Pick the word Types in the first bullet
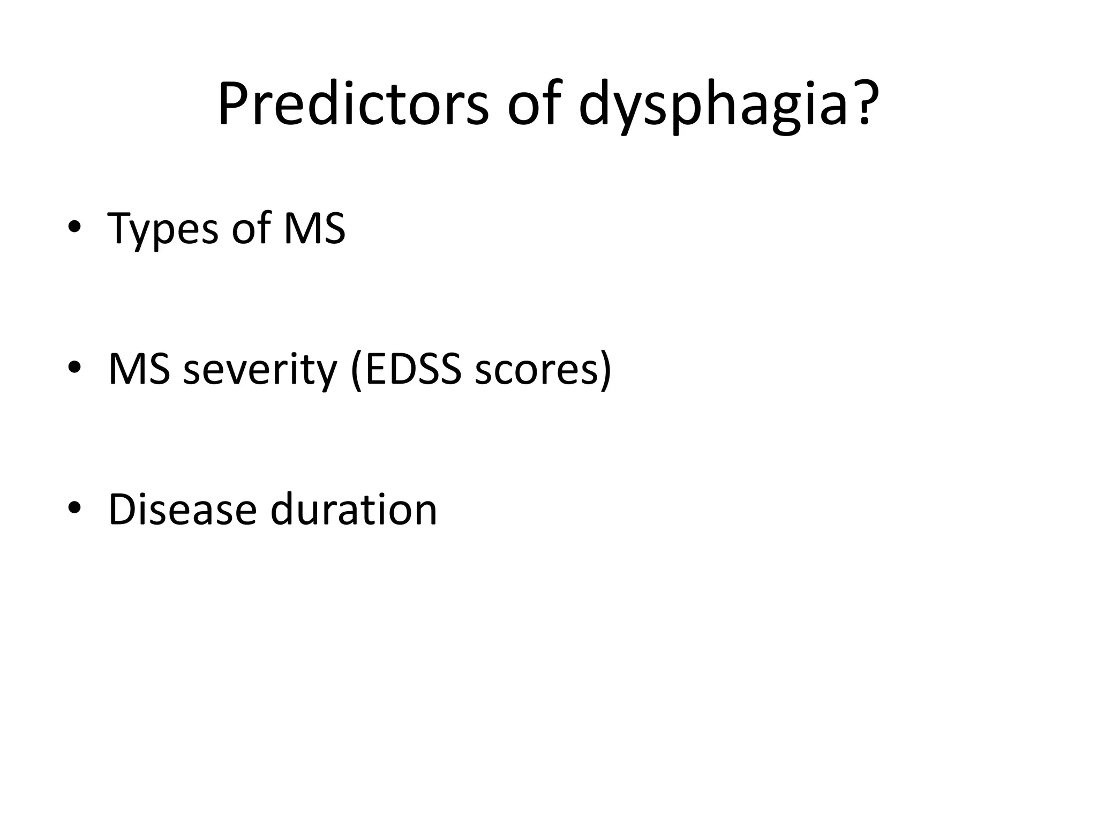[163, 230]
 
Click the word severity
[260, 370]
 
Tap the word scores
[536, 370]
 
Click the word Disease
[182, 508]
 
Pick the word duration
[354, 508]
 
